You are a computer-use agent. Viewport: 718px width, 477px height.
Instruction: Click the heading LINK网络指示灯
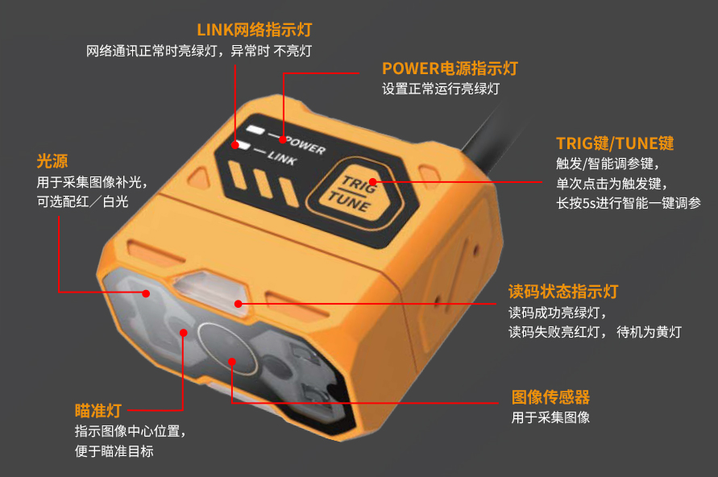[254, 30]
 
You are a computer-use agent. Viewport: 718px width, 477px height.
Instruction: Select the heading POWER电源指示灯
[450, 68]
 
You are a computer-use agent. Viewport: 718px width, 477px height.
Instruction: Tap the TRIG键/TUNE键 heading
[615, 143]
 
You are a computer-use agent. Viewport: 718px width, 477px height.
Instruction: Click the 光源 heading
[52, 161]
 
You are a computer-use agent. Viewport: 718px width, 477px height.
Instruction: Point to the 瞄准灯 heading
[98, 411]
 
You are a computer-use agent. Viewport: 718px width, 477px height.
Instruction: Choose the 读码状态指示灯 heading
[563, 292]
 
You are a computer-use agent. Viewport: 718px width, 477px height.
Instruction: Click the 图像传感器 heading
[550, 397]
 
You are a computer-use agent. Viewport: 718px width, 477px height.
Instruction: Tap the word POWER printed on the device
[305, 145]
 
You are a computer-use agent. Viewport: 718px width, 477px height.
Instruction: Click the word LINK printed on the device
[281, 158]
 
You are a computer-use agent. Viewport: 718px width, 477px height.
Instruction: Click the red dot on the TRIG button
[373, 182]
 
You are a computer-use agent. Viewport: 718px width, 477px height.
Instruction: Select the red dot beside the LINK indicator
[235, 145]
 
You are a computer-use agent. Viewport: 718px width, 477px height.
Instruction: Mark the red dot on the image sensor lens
[232, 362]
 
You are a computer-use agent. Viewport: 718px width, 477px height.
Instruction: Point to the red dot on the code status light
[238, 304]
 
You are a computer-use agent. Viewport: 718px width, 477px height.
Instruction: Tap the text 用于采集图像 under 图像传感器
[550, 417]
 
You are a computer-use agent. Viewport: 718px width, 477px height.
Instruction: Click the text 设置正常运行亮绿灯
[441, 89]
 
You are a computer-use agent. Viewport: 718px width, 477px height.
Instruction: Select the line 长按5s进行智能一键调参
[629, 203]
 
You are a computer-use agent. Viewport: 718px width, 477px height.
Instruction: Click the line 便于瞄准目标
[114, 451]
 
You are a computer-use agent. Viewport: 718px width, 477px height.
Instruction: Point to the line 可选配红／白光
[82, 201]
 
